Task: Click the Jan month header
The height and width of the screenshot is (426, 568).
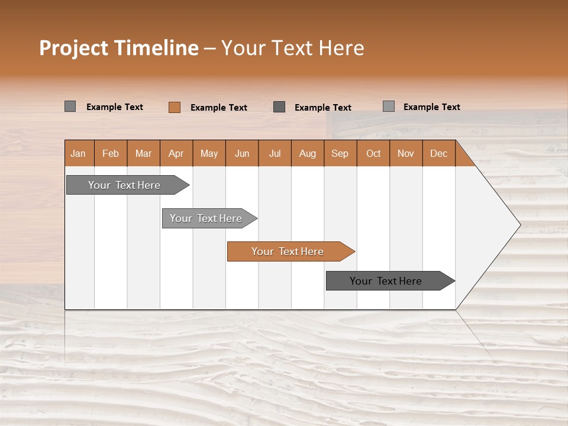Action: click(x=78, y=153)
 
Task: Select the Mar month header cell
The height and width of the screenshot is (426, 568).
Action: click(x=143, y=153)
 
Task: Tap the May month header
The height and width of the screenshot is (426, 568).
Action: click(x=209, y=153)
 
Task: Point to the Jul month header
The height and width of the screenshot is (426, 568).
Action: click(x=275, y=153)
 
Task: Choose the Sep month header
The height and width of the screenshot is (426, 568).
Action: click(x=340, y=153)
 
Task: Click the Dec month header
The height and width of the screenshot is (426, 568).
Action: click(x=438, y=153)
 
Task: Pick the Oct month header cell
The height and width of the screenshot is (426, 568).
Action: click(x=373, y=153)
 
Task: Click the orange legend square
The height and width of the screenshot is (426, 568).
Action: click(x=174, y=107)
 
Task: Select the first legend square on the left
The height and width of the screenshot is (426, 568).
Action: click(x=70, y=106)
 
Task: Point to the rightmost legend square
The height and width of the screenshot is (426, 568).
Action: click(x=388, y=106)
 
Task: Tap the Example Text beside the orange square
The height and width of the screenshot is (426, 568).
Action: click(x=218, y=108)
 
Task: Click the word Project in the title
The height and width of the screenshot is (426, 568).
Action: click(x=74, y=48)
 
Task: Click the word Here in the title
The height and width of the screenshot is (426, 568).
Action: click(x=341, y=48)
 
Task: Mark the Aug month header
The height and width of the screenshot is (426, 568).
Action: click(x=307, y=153)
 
